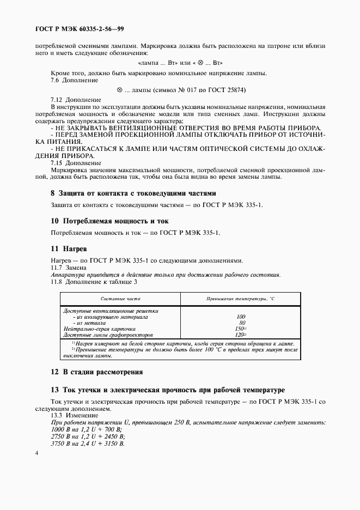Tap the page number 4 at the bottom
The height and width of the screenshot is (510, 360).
[x=36, y=453]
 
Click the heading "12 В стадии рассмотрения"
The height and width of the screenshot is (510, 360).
[x=96, y=372]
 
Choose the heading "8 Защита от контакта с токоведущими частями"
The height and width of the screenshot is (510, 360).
[x=133, y=193]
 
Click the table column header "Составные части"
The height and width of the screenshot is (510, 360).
[x=121, y=300]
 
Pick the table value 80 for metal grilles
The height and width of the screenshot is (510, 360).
[x=242, y=323]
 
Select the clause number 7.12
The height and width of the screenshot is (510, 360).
[x=57, y=100]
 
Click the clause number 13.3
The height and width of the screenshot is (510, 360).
[x=57, y=415]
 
